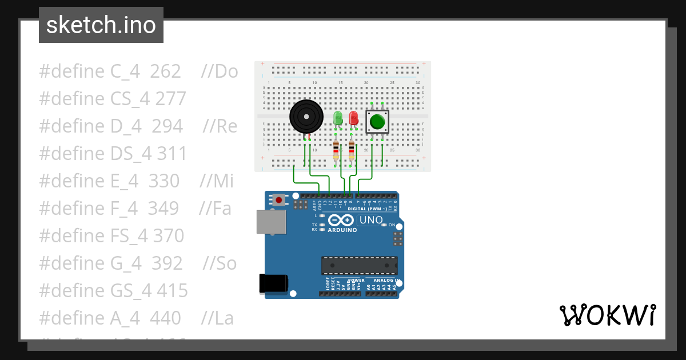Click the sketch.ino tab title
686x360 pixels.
[101, 25]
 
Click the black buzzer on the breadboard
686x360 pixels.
[306, 116]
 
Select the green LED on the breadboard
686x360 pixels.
[337, 118]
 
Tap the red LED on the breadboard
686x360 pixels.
[353, 118]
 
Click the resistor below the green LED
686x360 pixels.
[336, 151]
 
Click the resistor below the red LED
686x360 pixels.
[352, 151]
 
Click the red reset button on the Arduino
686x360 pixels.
[279, 199]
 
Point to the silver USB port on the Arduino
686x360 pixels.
[270, 222]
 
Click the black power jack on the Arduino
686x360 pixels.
[273, 284]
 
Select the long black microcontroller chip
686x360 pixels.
[359, 266]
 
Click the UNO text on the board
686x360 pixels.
[371, 220]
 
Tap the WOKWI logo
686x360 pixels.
[607, 315]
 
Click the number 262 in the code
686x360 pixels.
[165, 71]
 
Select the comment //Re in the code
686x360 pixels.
[220, 126]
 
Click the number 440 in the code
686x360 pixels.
[165, 318]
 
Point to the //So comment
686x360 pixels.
[220, 263]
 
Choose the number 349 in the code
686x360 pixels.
[163, 209]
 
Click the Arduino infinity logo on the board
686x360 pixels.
[342, 221]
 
